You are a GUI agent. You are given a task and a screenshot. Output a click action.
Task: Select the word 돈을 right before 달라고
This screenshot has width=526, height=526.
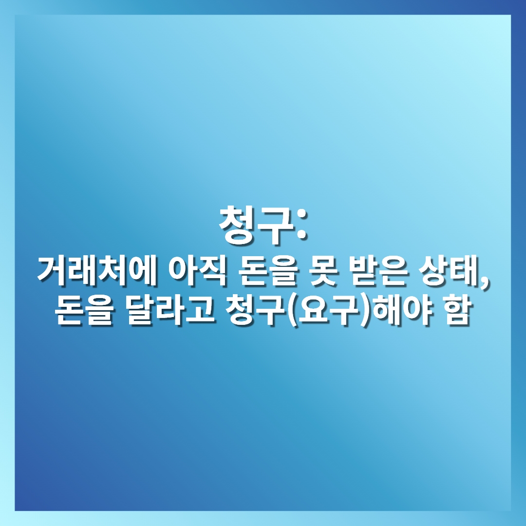84,310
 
